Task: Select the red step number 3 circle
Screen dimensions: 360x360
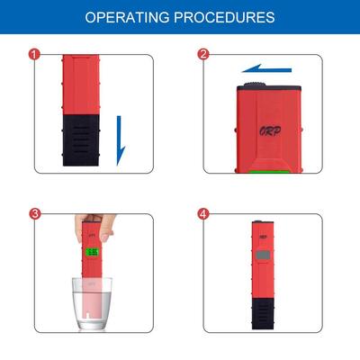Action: point(35,214)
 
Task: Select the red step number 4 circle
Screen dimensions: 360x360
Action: point(203,214)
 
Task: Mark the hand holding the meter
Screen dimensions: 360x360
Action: point(104,228)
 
